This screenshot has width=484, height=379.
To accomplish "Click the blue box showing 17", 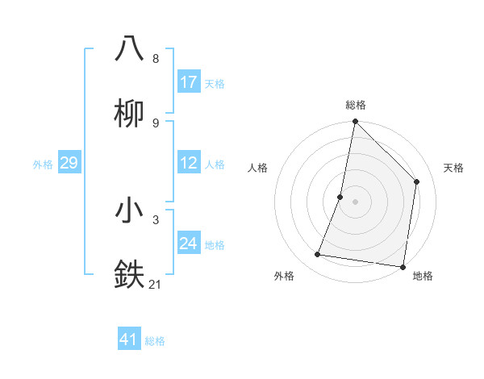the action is (189, 82).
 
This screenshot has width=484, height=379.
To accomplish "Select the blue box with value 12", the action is (189, 163).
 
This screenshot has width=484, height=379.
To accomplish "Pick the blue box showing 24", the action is (189, 244).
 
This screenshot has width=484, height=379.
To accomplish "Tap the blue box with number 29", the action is (69, 163).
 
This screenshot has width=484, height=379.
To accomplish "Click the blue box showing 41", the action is (129, 339).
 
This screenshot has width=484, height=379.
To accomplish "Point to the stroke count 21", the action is (156, 284).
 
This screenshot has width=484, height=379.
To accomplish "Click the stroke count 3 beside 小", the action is (156, 219).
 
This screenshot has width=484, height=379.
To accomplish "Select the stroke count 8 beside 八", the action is (156, 59).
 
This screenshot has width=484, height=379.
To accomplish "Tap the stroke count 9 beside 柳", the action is (156, 123).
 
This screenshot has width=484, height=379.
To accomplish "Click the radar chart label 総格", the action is (355, 105).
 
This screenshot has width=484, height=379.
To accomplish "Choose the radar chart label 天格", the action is (453, 168).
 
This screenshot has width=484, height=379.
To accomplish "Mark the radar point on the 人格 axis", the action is (340, 197).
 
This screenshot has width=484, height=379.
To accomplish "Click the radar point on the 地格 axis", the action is (403, 266).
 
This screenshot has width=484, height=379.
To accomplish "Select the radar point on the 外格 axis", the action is (318, 255).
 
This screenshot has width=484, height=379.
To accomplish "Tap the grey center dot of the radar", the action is (355, 202).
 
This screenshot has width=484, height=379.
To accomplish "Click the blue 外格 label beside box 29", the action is (43, 165).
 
